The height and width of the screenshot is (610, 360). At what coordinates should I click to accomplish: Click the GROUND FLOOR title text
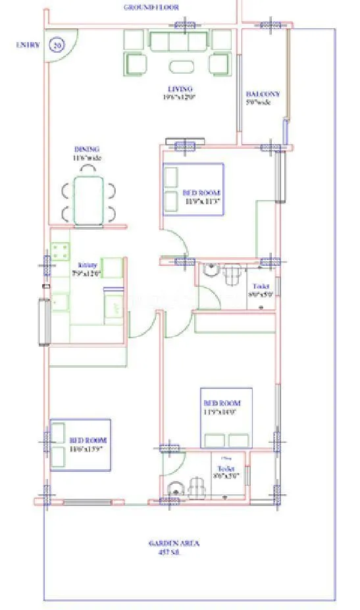pos(151,7)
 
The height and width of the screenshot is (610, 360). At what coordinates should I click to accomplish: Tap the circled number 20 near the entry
pos(58,45)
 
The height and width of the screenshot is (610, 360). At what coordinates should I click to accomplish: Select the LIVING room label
pos(180,89)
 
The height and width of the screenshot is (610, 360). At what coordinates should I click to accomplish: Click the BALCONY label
pos(263,94)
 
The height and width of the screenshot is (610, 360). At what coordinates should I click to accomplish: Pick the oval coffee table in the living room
pos(180,66)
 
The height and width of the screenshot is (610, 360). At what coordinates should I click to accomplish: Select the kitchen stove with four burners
pos(61,251)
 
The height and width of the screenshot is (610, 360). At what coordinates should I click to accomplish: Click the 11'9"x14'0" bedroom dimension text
pos(222,412)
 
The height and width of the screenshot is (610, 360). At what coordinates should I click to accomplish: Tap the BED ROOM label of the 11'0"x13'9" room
pos(88,440)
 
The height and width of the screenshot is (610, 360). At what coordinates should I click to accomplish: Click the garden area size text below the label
pos(174,553)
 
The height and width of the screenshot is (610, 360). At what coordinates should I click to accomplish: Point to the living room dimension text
pos(179,97)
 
